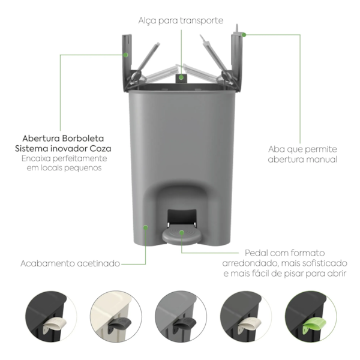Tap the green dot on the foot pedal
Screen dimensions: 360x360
182,233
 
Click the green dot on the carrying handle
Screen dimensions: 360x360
181,77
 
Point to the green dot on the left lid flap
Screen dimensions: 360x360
125,55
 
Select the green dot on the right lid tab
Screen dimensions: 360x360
244,35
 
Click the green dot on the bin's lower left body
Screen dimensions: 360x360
146,227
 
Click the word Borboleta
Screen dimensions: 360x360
83,139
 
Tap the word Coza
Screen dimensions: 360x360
100,149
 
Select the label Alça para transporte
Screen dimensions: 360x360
181,20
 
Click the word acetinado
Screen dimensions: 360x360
98,263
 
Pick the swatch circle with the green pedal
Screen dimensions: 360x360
311,317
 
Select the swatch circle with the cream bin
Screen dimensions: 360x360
116,317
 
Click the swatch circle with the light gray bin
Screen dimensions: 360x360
181,317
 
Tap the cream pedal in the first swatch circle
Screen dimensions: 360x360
55,324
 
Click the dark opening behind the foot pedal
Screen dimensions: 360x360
182,217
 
